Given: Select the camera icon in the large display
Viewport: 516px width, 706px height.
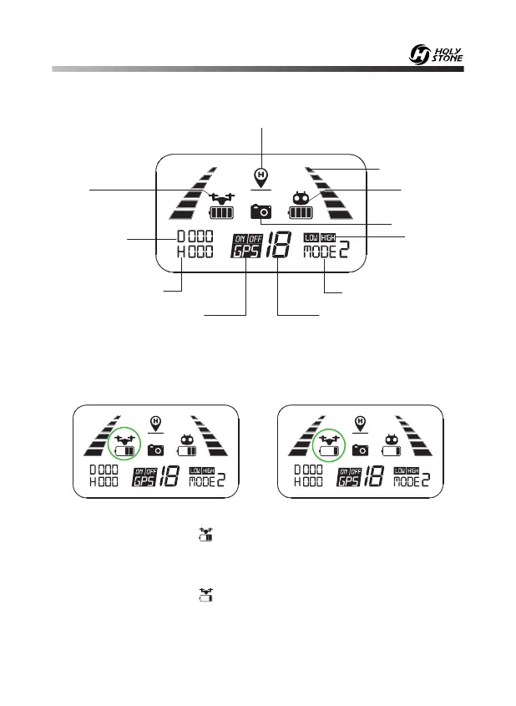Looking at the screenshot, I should point(261,211).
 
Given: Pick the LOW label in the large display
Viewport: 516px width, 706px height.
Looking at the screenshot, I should point(311,237).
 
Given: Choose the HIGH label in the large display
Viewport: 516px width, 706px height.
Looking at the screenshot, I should point(328,237).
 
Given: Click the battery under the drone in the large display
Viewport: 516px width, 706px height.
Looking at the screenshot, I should point(222,213).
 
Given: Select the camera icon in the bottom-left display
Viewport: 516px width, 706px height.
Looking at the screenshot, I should point(155,450).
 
